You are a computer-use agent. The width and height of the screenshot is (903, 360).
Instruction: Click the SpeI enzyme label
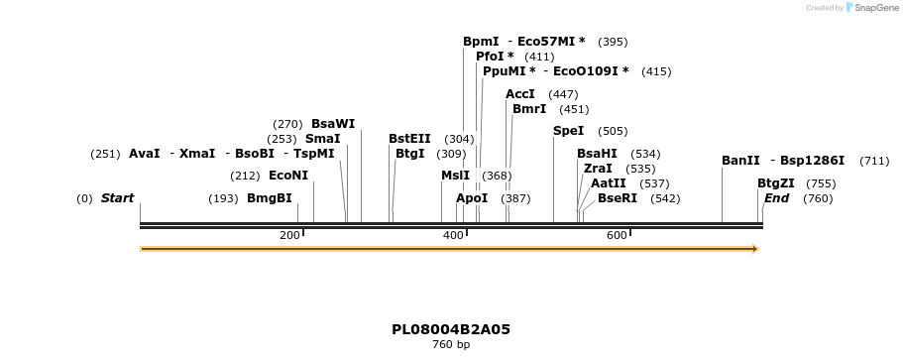click(568, 131)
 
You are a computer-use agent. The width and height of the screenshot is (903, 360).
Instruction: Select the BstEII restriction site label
click(409, 139)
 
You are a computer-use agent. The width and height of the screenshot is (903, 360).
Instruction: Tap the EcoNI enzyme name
click(288, 176)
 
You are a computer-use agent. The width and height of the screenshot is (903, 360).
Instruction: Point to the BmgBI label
click(270, 198)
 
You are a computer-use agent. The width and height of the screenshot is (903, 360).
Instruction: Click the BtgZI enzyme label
click(776, 183)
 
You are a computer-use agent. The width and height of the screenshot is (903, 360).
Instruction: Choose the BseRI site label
click(618, 198)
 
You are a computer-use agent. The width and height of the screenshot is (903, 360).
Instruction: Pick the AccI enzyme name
click(520, 94)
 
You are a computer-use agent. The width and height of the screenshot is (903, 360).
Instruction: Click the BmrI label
click(529, 109)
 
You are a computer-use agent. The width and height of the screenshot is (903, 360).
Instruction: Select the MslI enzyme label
click(456, 176)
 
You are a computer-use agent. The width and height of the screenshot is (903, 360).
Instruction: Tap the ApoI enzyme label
click(472, 198)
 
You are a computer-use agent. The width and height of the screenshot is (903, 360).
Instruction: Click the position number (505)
click(613, 131)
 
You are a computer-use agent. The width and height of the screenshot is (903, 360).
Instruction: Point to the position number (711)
click(874, 161)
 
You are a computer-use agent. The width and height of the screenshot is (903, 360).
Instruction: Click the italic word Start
click(117, 198)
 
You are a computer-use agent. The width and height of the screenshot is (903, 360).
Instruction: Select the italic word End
click(776, 198)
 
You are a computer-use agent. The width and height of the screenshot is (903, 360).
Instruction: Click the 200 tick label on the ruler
click(289, 235)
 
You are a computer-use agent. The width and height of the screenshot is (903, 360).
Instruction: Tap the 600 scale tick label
click(617, 235)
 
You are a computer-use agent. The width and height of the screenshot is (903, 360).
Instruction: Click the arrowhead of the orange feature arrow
click(755, 249)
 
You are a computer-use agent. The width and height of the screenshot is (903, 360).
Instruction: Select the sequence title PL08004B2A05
click(451, 329)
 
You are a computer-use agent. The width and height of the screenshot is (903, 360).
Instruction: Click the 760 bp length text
click(451, 345)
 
